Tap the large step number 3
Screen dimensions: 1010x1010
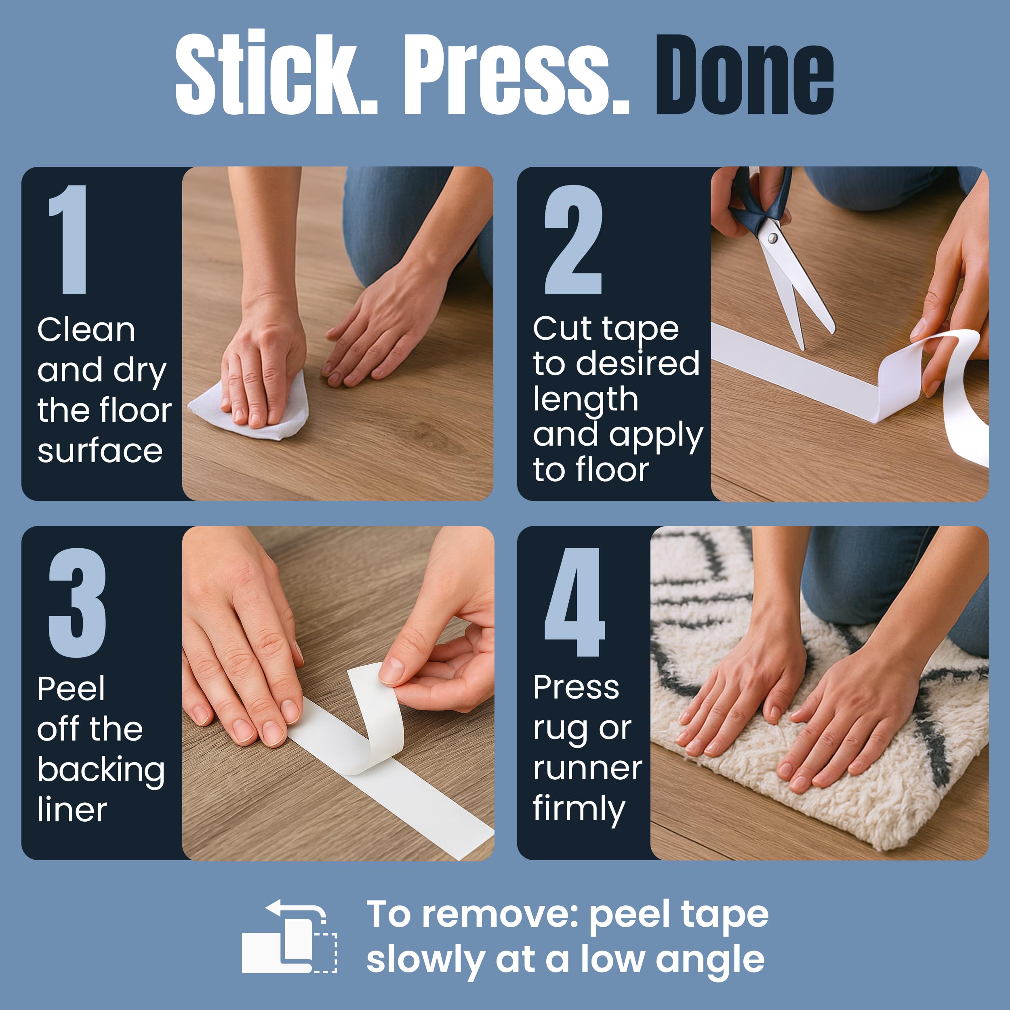pyautogui.click(x=78, y=602)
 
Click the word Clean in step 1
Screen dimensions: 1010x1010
pyautogui.click(x=86, y=330)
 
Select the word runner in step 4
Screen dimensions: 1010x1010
pyautogui.click(x=587, y=768)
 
